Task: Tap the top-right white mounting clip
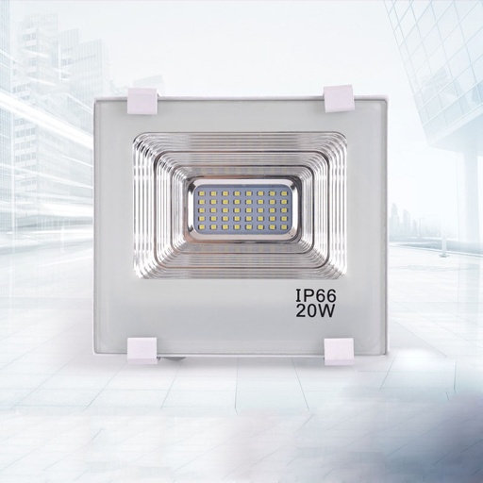pyautogui.click(x=338, y=95)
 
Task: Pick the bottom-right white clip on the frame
pyautogui.click(x=338, y=350)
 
